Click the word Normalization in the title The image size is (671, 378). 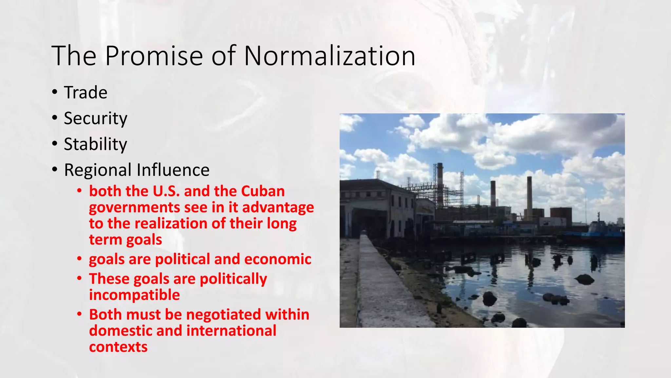pos(330,56)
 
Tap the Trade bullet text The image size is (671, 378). pos(86,93)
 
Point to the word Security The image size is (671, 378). pos(95,118)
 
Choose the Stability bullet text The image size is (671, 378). pos(95,144)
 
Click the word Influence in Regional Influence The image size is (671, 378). pos(173,170)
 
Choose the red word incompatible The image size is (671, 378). pos(134,295)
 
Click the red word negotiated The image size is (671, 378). pos(223,315)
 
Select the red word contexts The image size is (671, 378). pos(118,347)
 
